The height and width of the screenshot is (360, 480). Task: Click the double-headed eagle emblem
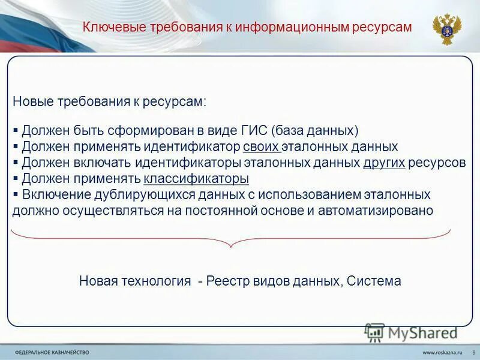(x=447, y=29)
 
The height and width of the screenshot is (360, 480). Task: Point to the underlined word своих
(x=262, y=146)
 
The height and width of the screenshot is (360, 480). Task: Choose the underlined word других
(x=385, y=163)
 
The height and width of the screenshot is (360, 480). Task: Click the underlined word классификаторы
(x=196, y=179)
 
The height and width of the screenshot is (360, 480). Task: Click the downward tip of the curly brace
(x=230, y=246)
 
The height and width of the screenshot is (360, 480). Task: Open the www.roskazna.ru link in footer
(x=444, y=352)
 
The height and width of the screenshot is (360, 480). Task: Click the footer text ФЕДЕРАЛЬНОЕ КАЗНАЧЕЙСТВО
(x=52, y=352)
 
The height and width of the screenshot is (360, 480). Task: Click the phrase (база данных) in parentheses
(x=315, y=130)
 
